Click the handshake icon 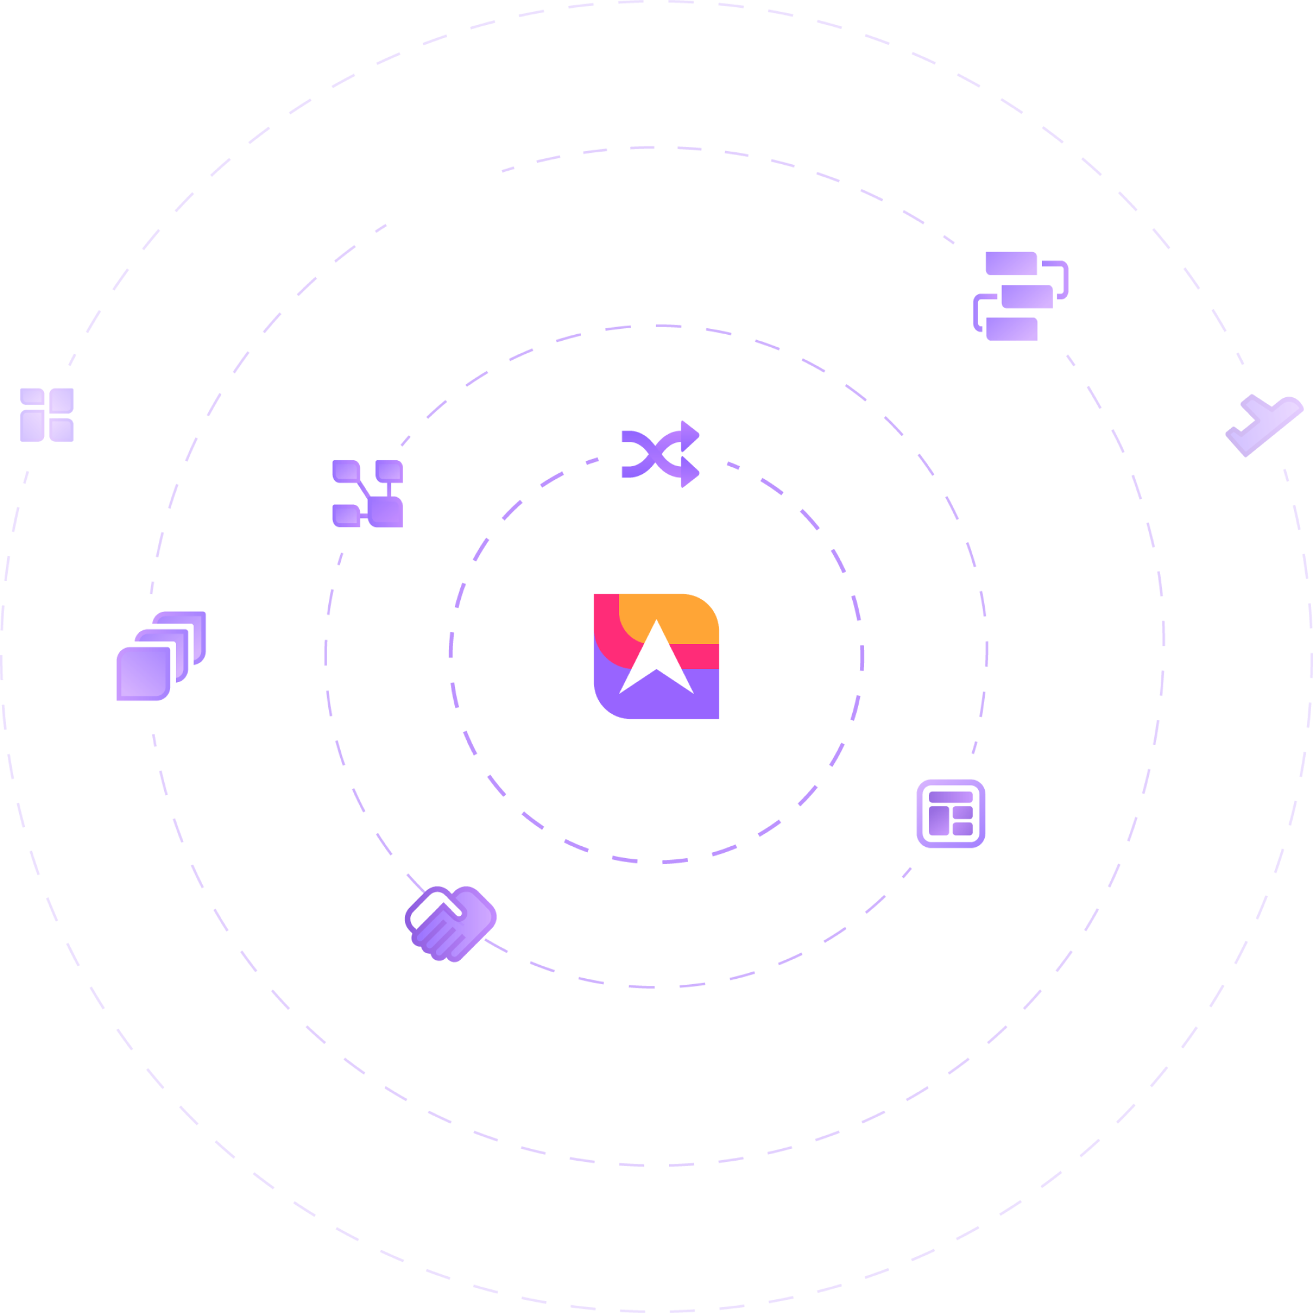point(451,922)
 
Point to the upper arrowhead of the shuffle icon point(690,434)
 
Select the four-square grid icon point(47,414)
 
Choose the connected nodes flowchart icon point(367,494)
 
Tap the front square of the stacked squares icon point(143,673)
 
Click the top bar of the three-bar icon point(1012,263)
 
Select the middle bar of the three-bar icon point(1026,296)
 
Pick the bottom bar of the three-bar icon point(1012,328)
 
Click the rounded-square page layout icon point(951,813)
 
